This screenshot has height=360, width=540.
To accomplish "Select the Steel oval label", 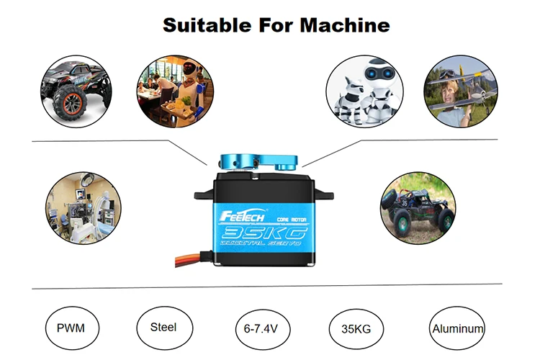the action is (163, 327).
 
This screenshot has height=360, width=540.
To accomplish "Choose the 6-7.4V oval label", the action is (261, 329).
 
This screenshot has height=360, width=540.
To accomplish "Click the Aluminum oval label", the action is (457, 329).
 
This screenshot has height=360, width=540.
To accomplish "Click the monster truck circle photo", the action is (76, 90).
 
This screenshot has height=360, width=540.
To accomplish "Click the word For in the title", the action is (273, 26).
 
